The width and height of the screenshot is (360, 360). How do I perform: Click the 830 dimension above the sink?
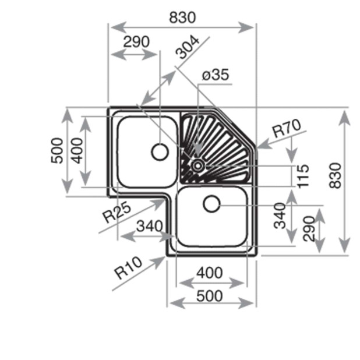(182, 18)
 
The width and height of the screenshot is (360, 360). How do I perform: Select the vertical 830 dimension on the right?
(336, 174)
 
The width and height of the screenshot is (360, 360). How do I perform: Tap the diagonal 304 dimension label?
(189, 47)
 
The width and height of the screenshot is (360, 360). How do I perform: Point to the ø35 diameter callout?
(215, 75)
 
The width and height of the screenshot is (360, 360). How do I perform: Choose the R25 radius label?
(117, 213)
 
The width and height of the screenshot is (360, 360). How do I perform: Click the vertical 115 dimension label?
(302, 175)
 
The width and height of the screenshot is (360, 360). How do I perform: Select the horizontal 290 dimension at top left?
(136, 42)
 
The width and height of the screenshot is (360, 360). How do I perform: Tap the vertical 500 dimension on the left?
(57, 151)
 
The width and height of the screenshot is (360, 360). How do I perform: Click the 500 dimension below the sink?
(209, 295)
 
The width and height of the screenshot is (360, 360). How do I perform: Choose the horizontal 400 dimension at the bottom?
(209, 272)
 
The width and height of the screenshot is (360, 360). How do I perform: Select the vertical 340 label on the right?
(280, 216)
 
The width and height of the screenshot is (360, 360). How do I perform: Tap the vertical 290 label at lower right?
(308, 228)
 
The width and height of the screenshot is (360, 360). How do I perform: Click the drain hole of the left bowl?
(159, 152)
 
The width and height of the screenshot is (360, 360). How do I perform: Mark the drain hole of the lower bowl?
(211, 204)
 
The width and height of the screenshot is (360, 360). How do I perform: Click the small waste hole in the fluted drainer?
(198, 165)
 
